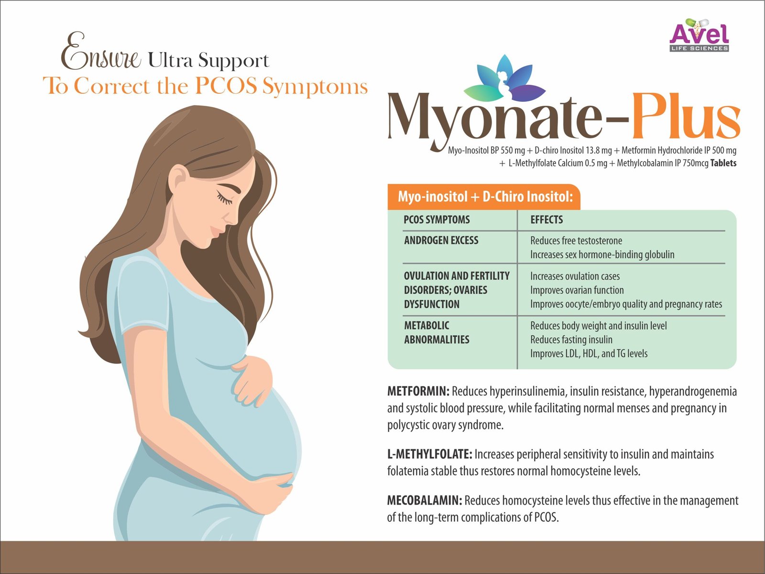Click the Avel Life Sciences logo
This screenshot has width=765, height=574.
699,35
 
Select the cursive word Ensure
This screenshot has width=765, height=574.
101,52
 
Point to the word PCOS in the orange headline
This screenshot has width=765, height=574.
226,86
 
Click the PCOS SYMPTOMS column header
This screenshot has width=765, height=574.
437,220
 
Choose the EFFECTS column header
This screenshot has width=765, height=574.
546,220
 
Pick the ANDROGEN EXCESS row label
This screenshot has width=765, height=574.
441,240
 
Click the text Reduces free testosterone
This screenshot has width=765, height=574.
576,241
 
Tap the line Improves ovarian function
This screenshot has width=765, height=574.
577,290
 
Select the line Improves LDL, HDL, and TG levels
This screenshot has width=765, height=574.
589,354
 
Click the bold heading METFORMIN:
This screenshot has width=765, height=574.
418,391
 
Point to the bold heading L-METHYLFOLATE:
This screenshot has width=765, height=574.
430,454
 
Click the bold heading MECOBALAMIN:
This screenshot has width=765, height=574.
425,500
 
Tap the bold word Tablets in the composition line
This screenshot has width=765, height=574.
723,163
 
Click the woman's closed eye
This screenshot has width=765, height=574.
224,199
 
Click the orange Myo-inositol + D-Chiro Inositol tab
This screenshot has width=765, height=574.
484,197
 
